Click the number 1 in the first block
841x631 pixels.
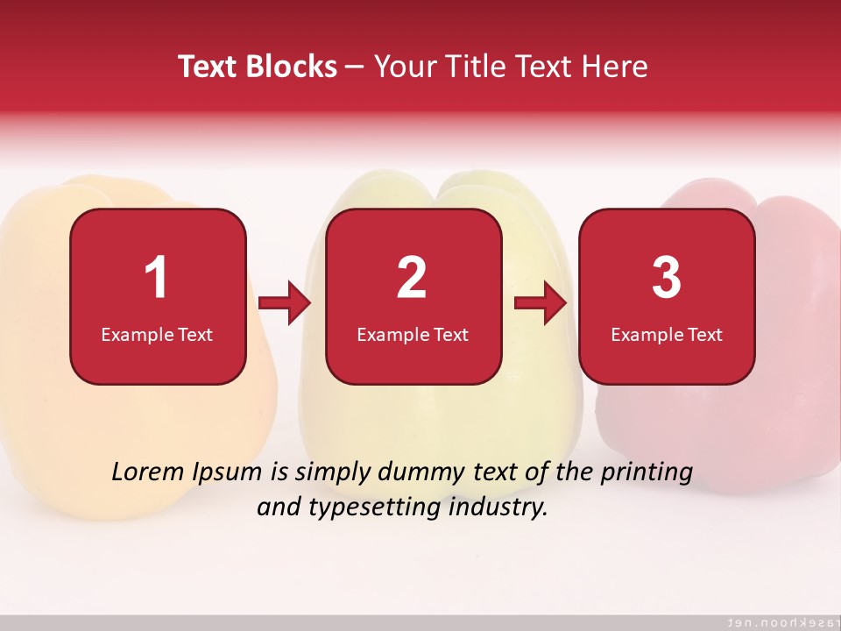[157, 278]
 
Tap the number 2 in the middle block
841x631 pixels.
[412, 278]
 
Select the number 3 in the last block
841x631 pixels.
[667, 278]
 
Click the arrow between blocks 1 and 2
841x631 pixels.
[286, 304]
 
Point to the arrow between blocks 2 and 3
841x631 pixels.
[541, 304]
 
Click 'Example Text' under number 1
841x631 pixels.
[157, 334]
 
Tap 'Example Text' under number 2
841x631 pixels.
[413, 334]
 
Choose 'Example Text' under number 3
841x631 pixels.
[667, 334]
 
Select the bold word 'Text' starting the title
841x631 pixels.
[208, 67]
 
